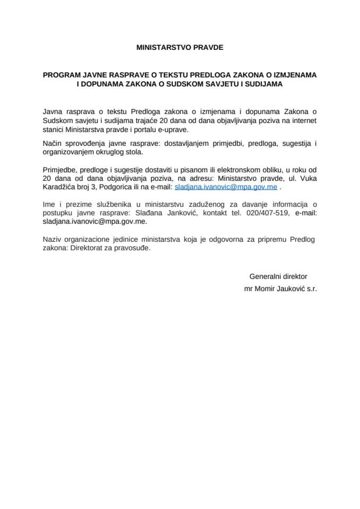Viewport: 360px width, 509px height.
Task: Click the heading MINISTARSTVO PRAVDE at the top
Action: [180, 47]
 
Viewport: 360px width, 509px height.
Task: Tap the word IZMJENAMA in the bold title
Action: [295, 75]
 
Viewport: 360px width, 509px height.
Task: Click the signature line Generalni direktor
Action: [278, 276]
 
